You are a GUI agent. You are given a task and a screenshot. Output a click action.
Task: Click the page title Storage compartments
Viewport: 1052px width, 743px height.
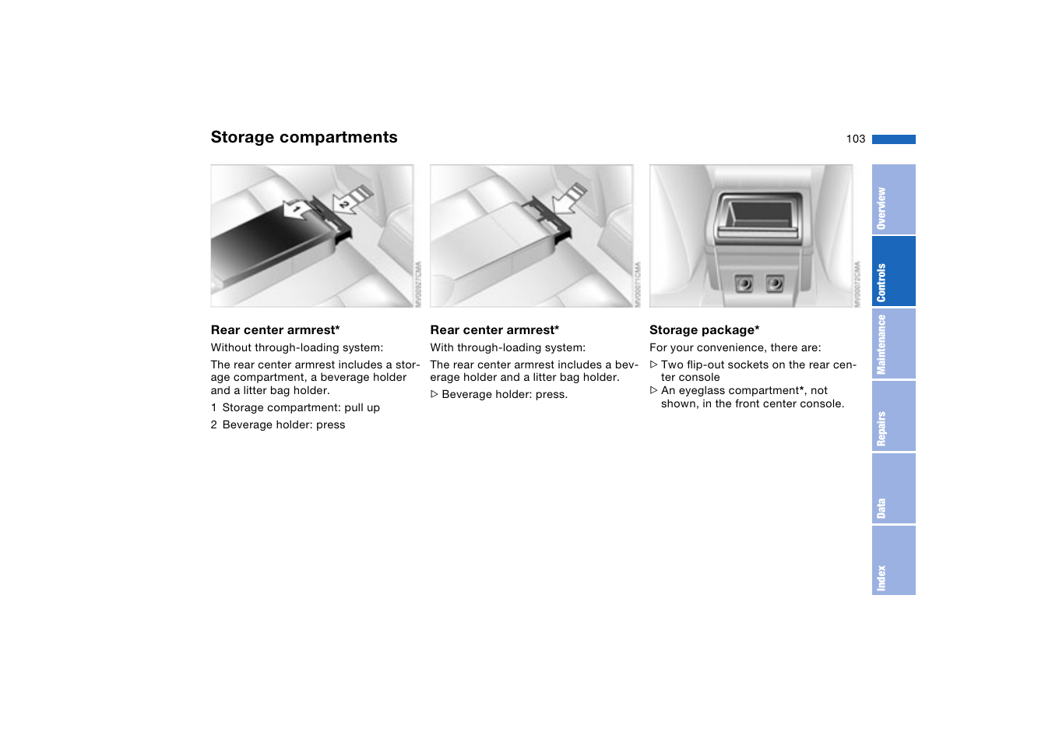tap(304, 137)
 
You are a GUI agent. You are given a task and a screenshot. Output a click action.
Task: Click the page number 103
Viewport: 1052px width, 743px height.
tap(855, 139)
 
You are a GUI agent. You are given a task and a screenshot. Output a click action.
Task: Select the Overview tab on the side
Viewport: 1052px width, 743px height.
tap(892, 200)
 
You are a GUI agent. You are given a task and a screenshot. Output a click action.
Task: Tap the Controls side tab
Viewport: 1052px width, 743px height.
tap(892, 272)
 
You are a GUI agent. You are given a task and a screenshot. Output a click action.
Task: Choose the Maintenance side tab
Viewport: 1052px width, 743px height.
tap(892, 344)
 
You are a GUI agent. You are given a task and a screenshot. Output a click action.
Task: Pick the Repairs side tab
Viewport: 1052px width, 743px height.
tap(892, 417)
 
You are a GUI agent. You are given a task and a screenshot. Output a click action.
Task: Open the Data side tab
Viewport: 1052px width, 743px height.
tap(892, 489)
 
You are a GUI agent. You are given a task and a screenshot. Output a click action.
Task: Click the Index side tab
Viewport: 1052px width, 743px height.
tap(892, 561)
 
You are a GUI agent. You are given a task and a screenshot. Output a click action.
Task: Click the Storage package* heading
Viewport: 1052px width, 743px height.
tap(704, 330)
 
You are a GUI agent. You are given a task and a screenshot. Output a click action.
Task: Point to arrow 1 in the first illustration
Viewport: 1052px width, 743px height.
tap(297, 210)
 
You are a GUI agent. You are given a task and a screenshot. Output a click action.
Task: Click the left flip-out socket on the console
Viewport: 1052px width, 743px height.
tap(744, 283)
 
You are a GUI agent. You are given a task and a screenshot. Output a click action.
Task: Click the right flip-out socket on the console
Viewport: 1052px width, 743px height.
tap(774, 283)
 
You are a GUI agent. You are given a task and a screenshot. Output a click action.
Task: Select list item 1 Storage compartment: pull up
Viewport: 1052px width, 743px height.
tap(295, 408)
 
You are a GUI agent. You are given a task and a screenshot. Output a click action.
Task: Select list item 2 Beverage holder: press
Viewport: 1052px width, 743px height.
tap(278, 425)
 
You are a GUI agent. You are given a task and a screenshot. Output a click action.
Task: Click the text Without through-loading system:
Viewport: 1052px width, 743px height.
tap(297, 348)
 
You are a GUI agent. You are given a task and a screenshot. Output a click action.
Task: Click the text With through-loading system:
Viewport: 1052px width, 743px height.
tap(508, 348)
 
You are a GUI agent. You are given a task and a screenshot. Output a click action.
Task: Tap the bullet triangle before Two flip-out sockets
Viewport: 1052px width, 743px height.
tap(654, 364)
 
